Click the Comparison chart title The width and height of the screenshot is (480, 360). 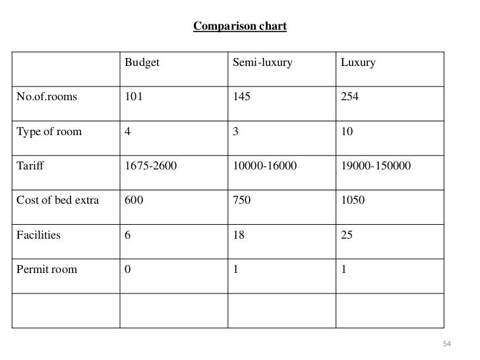tap(239, 27)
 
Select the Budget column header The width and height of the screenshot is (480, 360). tap(142, 63)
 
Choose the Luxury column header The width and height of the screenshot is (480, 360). tap(358, 63)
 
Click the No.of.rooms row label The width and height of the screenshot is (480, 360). tap(43, 97)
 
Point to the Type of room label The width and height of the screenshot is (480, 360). tap(45, 131)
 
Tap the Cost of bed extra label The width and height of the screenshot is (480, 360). tap(56, 200)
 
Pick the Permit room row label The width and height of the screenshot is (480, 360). tap(44, 269)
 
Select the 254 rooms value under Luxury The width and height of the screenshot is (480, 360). tap(349, 97)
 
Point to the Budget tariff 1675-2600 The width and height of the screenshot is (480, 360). tap(151, 166)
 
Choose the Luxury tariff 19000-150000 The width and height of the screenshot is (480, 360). tap(376, 166)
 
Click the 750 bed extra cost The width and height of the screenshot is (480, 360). tap(242, 200)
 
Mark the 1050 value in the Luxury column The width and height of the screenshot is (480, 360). tap(352, 200)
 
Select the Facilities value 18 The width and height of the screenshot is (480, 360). tap(239, 235)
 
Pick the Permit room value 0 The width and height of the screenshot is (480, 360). tap(128, 269)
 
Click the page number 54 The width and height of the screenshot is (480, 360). tap(446, 344)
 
